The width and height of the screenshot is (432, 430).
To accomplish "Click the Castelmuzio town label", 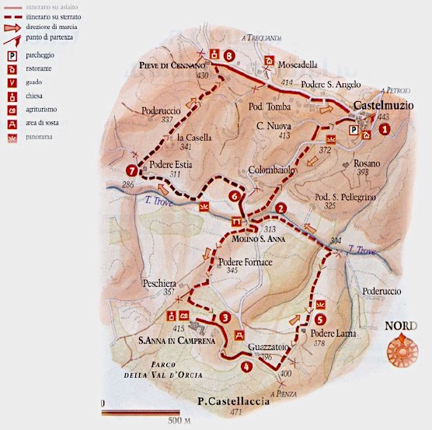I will click(x=384, y=105).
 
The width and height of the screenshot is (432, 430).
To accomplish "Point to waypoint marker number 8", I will click(x=229, y=56).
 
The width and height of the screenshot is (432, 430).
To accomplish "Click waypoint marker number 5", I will click(x=321, y=318).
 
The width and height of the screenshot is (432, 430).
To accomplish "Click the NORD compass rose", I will click(x=402, y=347).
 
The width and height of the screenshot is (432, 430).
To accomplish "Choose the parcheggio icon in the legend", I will click(x=12, y=56).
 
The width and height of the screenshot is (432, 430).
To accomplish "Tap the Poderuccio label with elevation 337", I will click(x=163, y=111).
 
